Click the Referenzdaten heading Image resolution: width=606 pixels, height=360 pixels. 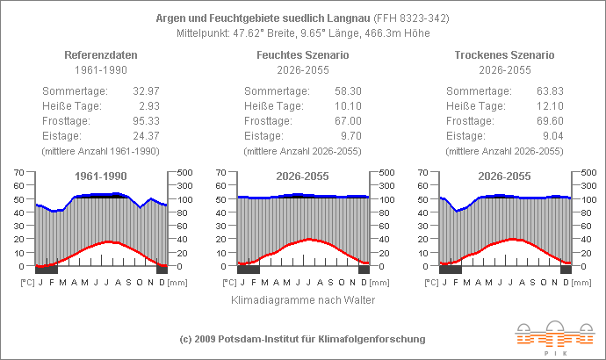(x=100, y=54)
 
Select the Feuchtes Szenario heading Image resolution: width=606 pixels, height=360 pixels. (x=302, y=54)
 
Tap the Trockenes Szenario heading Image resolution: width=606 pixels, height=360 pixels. (x=504, y=54)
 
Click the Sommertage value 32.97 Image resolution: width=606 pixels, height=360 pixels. (x=145, y=91)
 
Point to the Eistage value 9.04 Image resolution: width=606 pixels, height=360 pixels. (x=552, y=135)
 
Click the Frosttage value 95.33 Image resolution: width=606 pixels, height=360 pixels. (x=145, y=120)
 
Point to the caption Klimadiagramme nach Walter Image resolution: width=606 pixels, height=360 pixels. (x=302, y=300)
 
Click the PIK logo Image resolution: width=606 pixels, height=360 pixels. (x=545, y=338)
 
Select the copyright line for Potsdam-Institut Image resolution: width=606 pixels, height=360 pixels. (x=302, y=339)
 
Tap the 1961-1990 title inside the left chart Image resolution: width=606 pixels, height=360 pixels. (x=100, y=176)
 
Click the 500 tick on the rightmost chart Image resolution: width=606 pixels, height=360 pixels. (x=588, y=172)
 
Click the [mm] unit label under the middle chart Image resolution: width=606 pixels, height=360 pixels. (x=379, y=283)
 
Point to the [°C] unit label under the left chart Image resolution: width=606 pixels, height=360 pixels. (x=27, y=283)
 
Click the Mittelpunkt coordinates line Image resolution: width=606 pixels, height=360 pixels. (x=302, y=32)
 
